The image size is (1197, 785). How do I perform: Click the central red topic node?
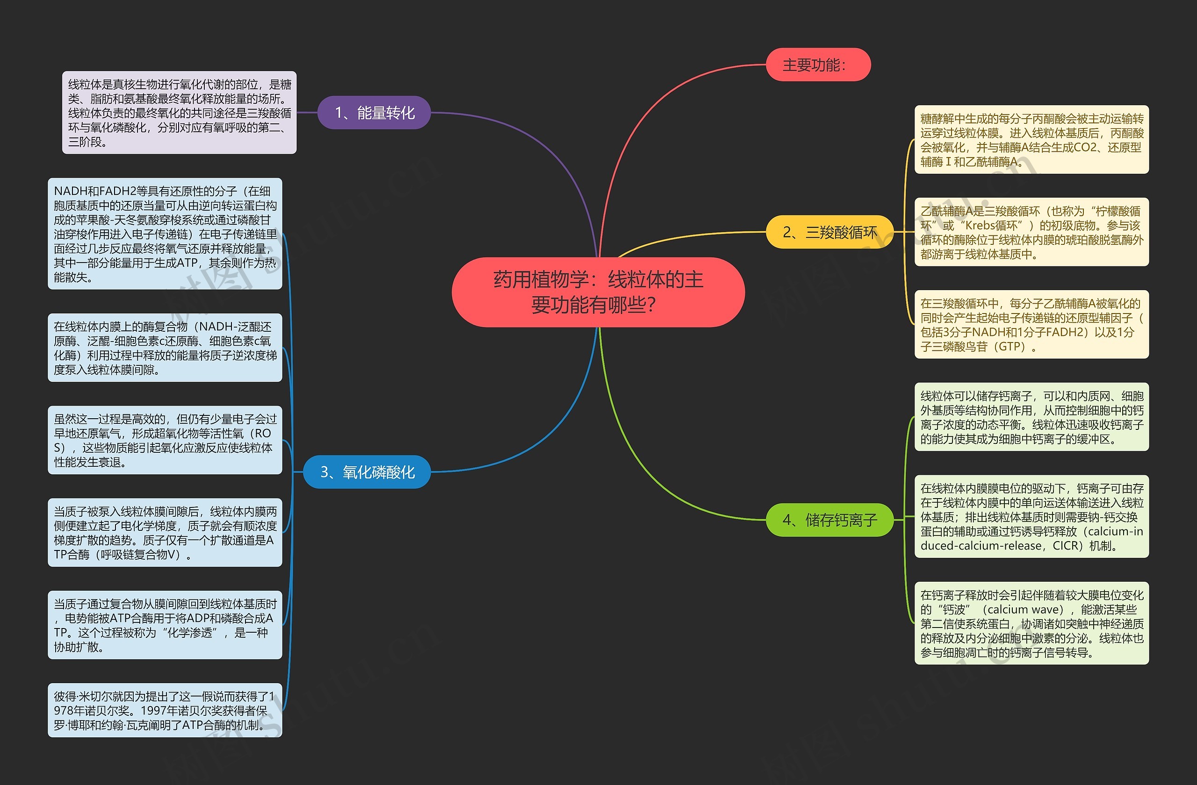[598, 292]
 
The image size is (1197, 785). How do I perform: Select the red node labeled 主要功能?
[818, 65]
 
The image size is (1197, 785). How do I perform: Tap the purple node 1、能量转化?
[374, 113]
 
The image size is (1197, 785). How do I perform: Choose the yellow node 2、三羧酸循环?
[829, 232]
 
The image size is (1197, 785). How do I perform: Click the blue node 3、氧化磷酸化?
[367, 472]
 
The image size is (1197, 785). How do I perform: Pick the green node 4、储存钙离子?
[829, 520]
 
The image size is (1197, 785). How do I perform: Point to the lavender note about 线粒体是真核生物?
[180, 113]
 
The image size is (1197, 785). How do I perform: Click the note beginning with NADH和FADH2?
[165, 234]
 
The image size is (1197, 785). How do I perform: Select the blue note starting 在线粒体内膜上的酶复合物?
[165, 348]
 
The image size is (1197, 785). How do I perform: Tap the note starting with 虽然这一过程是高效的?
[165, 440]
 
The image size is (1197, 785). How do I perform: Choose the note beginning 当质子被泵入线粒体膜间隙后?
[165, 533]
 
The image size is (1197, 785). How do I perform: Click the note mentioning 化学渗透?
[165, 625]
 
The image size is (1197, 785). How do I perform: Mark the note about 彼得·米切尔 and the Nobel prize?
[165, 710]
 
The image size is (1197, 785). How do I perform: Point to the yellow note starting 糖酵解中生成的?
[1031, 140]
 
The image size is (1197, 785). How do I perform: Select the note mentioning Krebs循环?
[1031, 232]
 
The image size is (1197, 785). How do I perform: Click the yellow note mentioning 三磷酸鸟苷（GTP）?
[1031, 325]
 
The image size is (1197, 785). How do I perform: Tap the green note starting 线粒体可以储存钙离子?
[1031, 417]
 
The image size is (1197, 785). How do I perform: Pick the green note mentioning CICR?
[1031, 517]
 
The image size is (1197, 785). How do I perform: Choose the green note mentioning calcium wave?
[1031, 623]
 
